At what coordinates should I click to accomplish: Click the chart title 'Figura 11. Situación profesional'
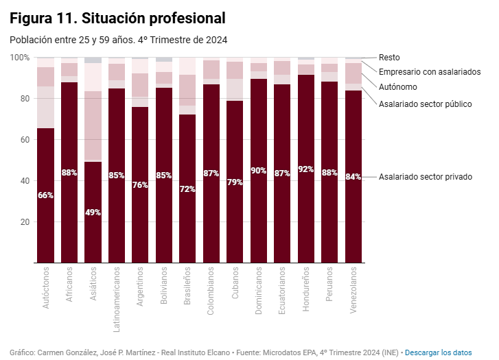[117, 17]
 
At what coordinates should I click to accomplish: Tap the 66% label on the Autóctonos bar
[46, 195]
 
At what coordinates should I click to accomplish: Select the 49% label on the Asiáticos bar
[93, 213]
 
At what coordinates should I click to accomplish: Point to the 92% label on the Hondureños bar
[306, 169]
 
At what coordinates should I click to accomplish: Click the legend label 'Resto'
[389, 58]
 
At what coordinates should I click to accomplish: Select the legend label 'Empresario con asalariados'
[430, 71]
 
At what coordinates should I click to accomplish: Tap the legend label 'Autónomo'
[397, 87]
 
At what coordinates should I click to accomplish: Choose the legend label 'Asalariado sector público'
[425, 104]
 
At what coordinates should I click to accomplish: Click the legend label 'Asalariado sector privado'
[425, 177]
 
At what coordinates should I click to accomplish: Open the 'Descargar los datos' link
[438, 352]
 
